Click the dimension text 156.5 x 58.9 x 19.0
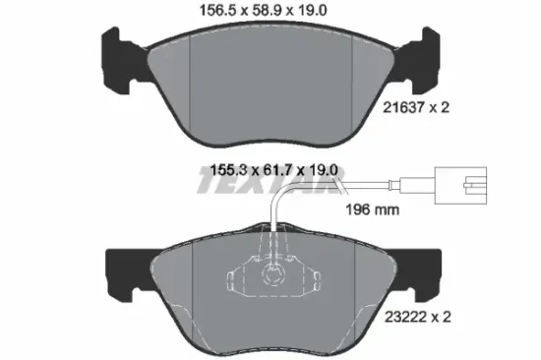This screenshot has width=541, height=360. click(270, 12)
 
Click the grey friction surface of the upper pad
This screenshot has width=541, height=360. click(270, 84)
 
